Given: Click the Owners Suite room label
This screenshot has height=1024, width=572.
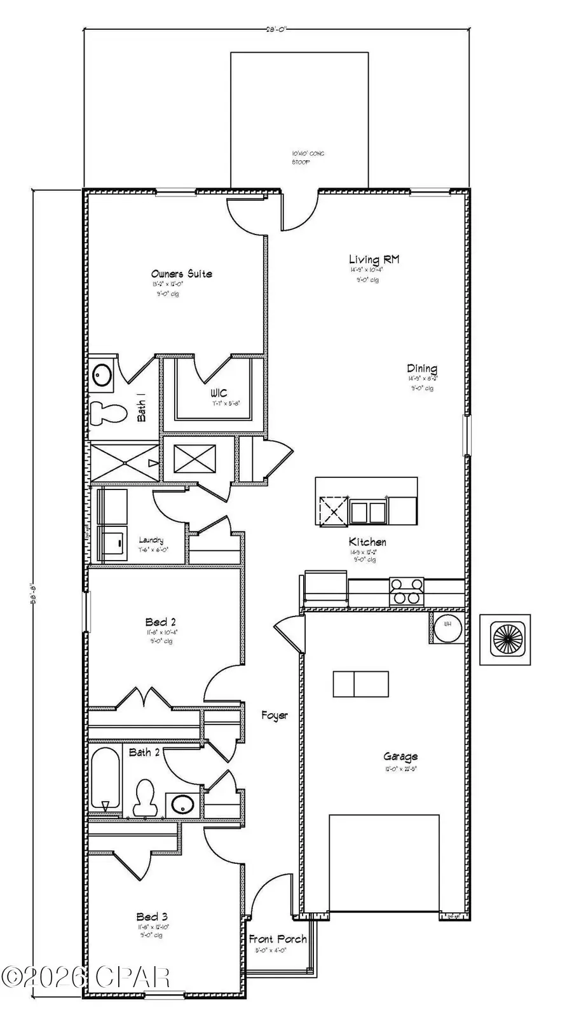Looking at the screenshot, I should click(182, 274).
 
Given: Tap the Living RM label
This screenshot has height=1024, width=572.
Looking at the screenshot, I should click(374, 259).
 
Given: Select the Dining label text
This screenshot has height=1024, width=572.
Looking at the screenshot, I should click(422, 369).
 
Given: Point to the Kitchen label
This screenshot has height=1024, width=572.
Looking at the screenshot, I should click(367, 542).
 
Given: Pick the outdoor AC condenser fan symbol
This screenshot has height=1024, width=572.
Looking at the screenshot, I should click(505, 639).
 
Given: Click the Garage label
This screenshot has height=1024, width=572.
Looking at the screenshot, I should click(400, 756).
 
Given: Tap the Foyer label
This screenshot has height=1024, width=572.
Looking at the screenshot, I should click(275, 716).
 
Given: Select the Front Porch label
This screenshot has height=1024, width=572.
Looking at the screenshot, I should click(278, 939).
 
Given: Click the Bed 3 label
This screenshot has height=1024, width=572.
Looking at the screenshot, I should click(152, 917).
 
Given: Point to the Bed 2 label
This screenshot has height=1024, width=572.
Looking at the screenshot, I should click(160, 622).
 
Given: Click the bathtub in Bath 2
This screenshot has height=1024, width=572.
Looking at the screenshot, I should click(105, 779).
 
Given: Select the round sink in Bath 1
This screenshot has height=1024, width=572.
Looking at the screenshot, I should click(101, 374).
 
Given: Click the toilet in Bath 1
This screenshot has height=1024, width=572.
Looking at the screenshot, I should click(106, 413).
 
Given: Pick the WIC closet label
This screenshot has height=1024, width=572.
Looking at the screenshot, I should click(218, 393).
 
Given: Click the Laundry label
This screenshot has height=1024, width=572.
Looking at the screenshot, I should click(151, 540).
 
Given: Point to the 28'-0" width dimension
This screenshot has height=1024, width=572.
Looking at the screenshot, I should click(276, 29).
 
